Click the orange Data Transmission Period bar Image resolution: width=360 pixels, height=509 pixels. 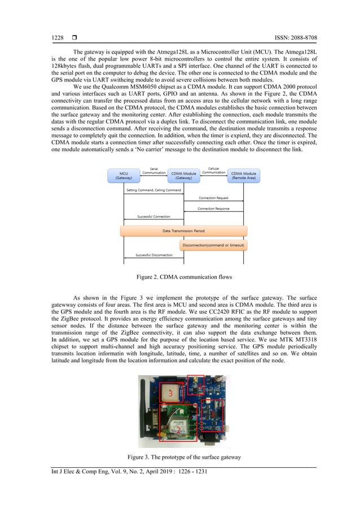(x=185, y=231)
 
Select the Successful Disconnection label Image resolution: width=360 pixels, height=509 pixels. (x=154, y=255)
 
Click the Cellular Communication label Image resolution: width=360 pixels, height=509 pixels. (x=214, y=170)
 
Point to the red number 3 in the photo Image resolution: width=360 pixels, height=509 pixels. (x=170, y=394)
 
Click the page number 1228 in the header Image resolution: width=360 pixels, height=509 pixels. (x=57, y=38)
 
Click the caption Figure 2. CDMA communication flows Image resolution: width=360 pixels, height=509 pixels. (x=180, y=278)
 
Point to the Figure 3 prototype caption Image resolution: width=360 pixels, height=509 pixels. (x=180, y=456)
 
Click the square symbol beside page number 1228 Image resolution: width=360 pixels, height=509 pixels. (x=74, y=38)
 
